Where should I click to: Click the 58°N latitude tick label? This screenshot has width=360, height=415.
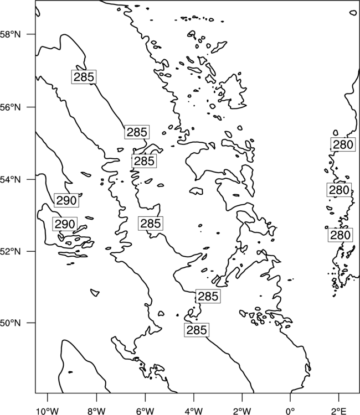(x=11, y=34)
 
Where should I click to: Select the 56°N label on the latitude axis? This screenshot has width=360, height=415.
(x=11, y=107)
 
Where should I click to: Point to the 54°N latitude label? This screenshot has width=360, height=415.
(x=11, y=179)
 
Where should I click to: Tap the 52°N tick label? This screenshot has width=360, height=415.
(x=11, y=251)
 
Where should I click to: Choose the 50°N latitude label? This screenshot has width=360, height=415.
(x=11, y=323)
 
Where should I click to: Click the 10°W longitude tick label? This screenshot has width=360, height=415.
(x=48, y=411)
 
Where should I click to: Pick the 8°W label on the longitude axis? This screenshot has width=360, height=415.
(x=96, y=411)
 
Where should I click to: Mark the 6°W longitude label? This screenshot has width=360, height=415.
(x=145, y=411)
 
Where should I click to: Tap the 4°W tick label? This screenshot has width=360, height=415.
(x=194, y=411)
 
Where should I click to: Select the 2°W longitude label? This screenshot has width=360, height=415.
(x=242, y=411)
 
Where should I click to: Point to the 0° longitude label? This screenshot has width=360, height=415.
(x=290, y=411)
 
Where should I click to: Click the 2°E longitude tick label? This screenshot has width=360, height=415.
(x=339, y=411)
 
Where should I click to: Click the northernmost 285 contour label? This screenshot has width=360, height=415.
(x=84, y=77)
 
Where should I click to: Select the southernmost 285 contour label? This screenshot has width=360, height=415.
(x=197, y=330)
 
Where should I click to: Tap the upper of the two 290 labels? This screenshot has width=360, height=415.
(x=66, y=200)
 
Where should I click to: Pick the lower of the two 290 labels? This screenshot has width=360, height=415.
(x=65, y=224)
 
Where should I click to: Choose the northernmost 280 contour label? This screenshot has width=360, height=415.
(x=343, y=144)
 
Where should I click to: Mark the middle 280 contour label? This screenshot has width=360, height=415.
(x=340, y=190)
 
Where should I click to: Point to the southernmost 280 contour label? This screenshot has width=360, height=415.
(x=341, y=235)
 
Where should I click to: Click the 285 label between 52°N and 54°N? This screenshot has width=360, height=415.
(x=151, y=223)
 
